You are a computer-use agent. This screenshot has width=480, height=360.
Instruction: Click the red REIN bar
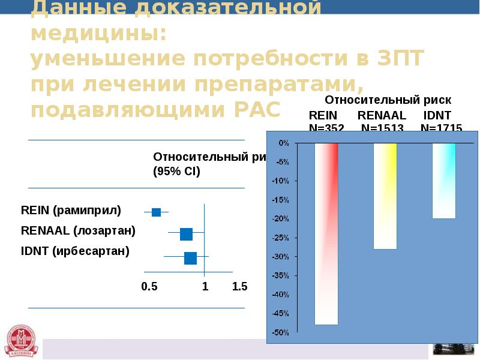point(326,234)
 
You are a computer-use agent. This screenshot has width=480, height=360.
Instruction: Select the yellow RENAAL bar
point(385,196)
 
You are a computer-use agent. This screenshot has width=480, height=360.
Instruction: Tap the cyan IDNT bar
point(444,181)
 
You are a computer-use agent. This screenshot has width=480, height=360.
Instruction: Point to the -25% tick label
point(281,238)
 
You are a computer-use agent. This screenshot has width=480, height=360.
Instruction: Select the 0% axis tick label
point(283,143)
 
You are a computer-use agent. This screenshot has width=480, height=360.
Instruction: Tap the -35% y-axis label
point(281,276)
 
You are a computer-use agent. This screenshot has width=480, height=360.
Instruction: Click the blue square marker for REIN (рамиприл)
point(157,212)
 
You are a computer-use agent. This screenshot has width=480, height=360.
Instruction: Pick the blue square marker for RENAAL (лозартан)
point(186,234)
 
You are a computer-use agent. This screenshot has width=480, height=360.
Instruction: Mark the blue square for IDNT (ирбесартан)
point(190,258)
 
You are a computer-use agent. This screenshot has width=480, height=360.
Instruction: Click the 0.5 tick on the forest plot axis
point(149,287)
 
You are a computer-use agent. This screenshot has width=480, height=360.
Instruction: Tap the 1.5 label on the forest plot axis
point(239,287)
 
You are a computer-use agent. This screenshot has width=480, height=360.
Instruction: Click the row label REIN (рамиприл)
point(71,211)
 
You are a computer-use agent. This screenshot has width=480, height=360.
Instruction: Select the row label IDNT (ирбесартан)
point(75,251)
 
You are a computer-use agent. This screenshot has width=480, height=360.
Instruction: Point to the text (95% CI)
point(176,171)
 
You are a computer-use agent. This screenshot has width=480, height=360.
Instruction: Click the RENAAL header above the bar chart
point(382,115)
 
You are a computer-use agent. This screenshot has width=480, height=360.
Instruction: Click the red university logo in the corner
point(20,341)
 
